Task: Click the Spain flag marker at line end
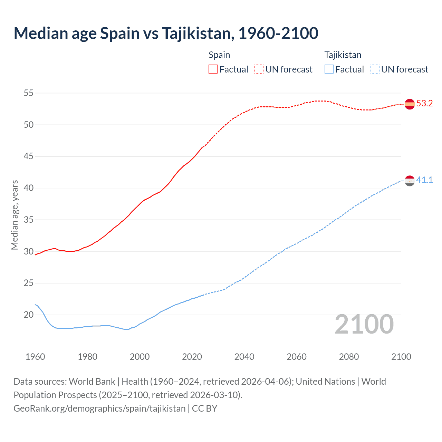410,104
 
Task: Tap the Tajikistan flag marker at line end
410,181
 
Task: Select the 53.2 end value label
424,104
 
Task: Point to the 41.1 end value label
424,180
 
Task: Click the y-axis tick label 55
29,93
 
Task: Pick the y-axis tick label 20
29,315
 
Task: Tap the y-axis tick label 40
29,188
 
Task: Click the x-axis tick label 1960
35,357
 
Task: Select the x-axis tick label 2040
244,357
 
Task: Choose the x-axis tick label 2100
401,357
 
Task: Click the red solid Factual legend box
213,69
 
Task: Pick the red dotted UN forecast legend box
259,69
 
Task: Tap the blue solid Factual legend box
329,69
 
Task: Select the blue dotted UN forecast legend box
375,69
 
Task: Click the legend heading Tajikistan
343,55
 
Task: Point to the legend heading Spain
219,55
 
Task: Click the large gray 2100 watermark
364,324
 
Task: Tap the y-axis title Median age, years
15,215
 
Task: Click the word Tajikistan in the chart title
196,33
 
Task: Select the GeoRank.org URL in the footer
99,408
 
